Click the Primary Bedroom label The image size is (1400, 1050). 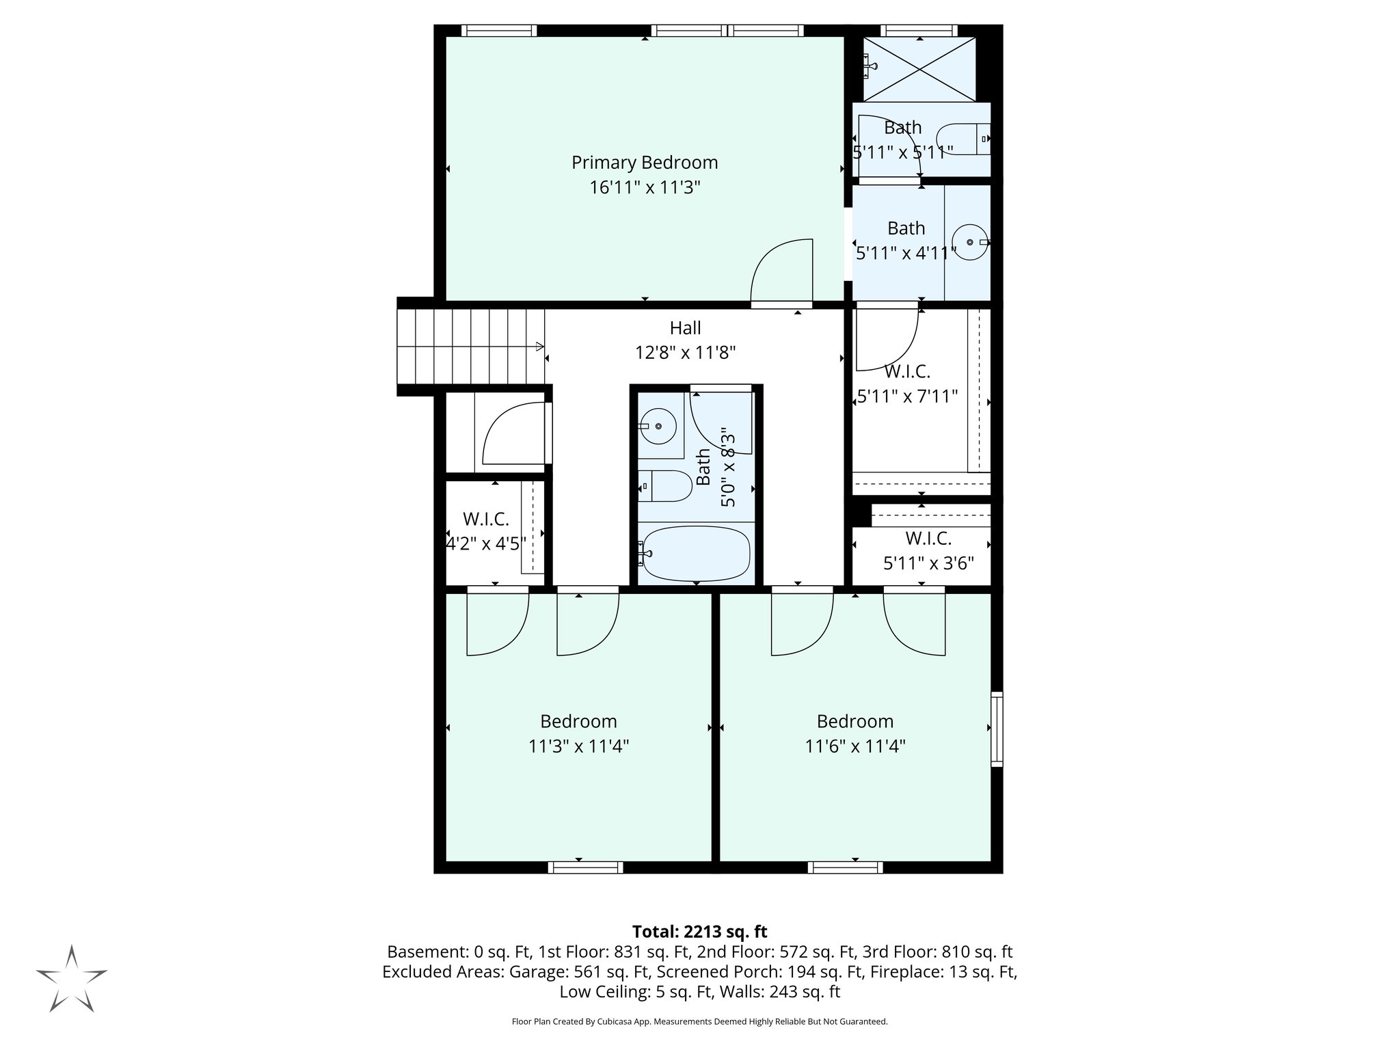click(645, 163)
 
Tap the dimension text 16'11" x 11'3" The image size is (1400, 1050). click(645, 187)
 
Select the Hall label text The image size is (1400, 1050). click(685, 328)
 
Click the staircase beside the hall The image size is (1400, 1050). click(470, 347)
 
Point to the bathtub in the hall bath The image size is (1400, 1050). click(696, 554)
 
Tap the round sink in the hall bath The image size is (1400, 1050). click(658, 427)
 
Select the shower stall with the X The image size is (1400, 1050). click(919, 69)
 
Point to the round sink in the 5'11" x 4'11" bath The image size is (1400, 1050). click(970, 242)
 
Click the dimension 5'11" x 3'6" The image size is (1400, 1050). click(928, 564)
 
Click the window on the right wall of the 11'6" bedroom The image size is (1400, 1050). click(997, 729)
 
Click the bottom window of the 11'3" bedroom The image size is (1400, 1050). click(585, 867)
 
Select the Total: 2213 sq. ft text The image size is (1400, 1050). click(699, 932)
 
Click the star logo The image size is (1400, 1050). click(71, 979)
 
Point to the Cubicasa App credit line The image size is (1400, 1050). click(699, 1022)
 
